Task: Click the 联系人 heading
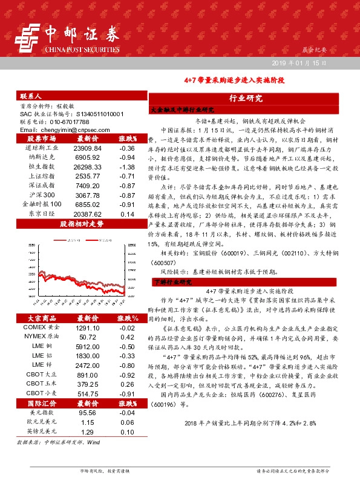tap(31, 96)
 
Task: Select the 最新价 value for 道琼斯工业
tap(87, 148)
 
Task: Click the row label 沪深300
tap(42, 195)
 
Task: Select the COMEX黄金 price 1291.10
tap(87, 327)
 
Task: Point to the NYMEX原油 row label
tap(42, 336)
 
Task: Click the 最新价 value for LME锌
tap(87, 366)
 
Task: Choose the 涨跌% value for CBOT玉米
tap(127, 384)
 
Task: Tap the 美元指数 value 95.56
tap(87, 412)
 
